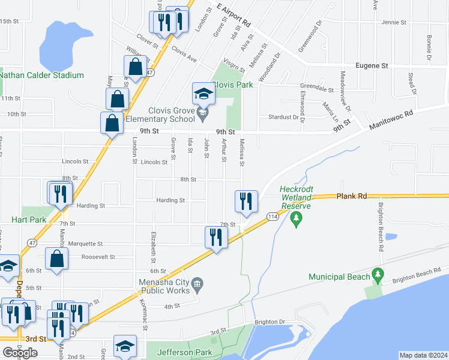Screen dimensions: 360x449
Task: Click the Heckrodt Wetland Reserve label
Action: [x=296, y=198]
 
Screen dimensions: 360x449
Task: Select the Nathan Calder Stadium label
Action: [x=41, y=75]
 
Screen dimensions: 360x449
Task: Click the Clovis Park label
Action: [x=232, y=85]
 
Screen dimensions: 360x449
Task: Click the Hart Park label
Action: [x=28, y=220]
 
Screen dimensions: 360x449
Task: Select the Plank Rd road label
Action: [x=351, y=196]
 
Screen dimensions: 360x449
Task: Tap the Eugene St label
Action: [x=372, y=65]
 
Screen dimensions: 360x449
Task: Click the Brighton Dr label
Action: [x=269, y=322]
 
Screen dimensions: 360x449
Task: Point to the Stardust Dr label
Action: [x=283, y=117]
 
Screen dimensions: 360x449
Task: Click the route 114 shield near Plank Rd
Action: [x=272, y=217]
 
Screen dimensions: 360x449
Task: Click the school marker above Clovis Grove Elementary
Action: [x=203, y=93]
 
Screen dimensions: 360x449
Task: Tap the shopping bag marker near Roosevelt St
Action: [x=56, y=259]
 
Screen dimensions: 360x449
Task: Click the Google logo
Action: [x=20, y=353]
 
